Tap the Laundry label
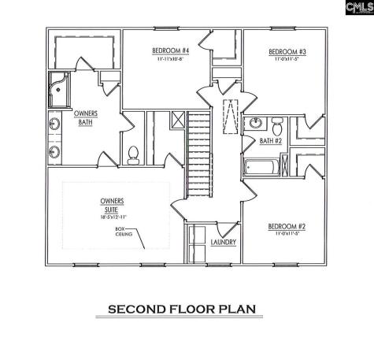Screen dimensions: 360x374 224,242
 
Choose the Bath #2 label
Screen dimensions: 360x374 271,141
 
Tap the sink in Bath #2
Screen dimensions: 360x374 256,124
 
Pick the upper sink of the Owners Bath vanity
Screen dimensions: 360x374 54,124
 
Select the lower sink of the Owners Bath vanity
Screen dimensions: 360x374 54,151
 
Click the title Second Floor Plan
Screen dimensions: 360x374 183,309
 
